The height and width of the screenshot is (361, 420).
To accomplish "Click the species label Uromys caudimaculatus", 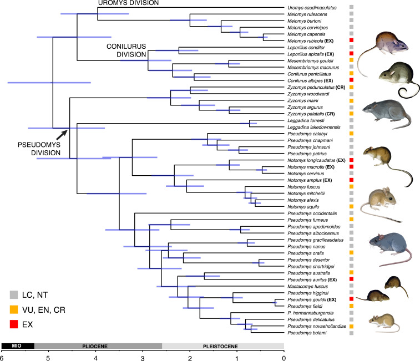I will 312,7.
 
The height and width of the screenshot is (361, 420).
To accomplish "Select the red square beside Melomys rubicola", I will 352,40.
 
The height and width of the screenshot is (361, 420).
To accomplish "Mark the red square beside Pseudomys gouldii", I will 352,299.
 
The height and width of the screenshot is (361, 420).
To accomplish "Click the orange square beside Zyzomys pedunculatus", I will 352,88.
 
